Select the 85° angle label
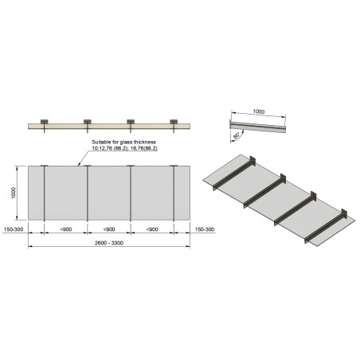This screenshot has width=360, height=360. (x=237, y=136)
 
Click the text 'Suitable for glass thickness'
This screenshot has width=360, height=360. (x=123, y=143)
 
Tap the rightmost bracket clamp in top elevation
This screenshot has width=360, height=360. (x=174, y=122)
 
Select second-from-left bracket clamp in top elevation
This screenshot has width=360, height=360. (x=87, y=122)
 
